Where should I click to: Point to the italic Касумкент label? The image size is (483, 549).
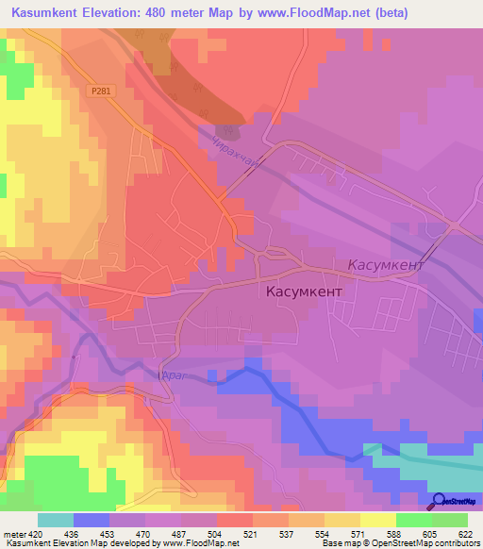[x=386, y=265]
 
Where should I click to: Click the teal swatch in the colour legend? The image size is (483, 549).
[x=56, y=520]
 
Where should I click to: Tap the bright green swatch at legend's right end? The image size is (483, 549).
[x=450, y=520]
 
